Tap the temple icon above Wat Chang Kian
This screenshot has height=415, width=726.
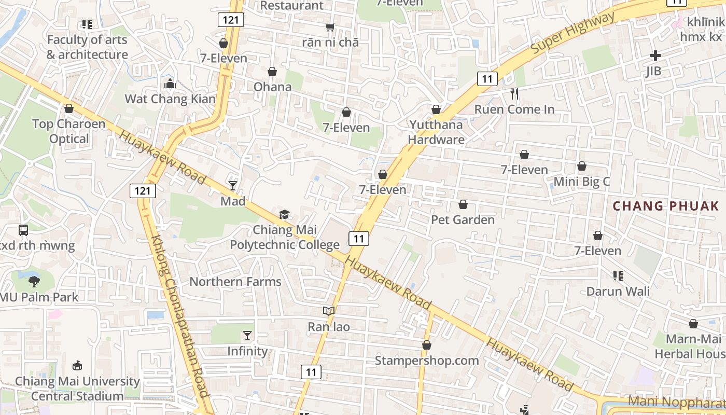[170, 83]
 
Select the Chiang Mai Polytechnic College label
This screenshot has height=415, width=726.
[285, 237]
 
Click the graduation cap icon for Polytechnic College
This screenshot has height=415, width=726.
[284, 214]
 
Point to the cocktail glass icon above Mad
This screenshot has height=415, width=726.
[233, 185]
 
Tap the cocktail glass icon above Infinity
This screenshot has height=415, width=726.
[247, 336]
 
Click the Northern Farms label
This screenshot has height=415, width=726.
[235, 282]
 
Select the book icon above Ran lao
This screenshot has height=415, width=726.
[329, 311]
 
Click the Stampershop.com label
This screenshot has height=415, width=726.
[427, 360]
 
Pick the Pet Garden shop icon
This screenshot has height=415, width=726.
[463, 205]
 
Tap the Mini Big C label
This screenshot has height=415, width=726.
[582, 182]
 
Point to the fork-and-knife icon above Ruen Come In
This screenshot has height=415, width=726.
[514, 94]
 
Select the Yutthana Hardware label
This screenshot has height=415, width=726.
[436, 132]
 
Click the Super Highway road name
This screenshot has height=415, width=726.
[573, 33]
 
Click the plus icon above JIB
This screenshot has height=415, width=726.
[655, 56]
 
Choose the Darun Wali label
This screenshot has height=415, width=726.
[618, 291]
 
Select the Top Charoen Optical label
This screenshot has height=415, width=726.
[69, 131]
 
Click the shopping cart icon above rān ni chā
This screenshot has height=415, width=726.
[330, 27]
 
